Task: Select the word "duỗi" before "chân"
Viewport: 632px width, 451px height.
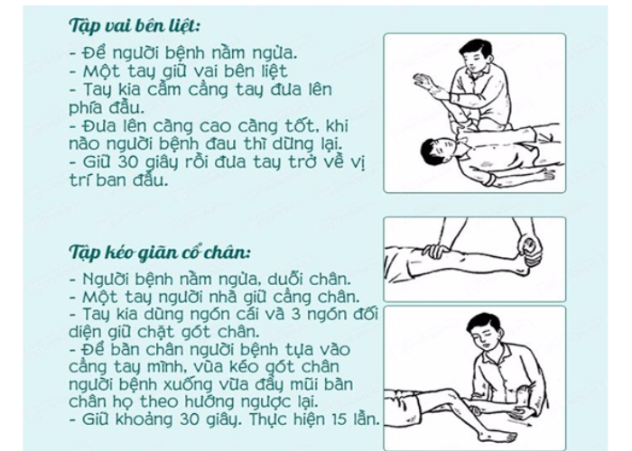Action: click(x=282, y=278)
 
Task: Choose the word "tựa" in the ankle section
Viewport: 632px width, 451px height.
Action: click(x=288, y=349)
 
